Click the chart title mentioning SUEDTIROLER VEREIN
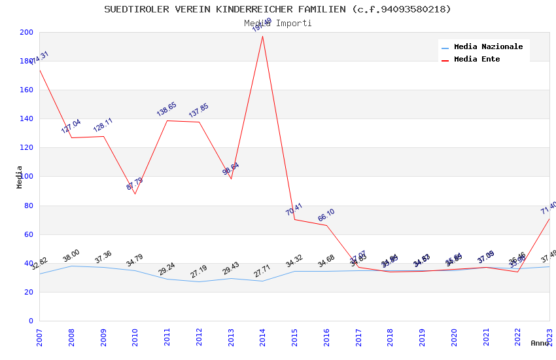tap(277, 9)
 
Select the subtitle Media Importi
tap(277, 23)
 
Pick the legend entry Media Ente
tap(477, 60)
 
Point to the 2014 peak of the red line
tap(262, 36)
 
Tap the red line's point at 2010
tap(135, 194)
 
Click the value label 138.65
tap(167, 109)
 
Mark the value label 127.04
tap(71, 126)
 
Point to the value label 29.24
tap(167, 268)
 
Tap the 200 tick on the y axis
tap(27, 32)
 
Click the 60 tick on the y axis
tap(29, 234)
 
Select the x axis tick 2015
tap(294, 338)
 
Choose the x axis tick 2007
tap(39, 338)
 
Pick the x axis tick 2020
tap(454, 338)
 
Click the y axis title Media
tap(20, 177)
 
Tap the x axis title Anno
tap(540, 343)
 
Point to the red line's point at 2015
tap(294, 219)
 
